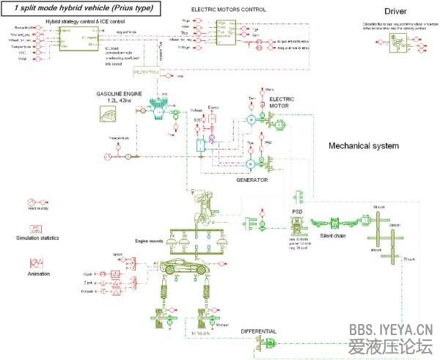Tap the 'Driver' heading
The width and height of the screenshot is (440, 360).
coord(400,11)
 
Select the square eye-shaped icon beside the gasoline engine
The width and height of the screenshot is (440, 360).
coord(109,115)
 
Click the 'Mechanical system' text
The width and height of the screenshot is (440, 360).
coord(363,145)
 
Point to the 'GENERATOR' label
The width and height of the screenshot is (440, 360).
coord(252,179)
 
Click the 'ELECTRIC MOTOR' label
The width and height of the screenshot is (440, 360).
coord(279,102)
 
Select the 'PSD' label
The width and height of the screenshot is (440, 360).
coord(297,211)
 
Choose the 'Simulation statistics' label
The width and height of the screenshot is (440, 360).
coord(37,238)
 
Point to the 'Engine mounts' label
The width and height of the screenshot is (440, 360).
coord(148,240)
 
